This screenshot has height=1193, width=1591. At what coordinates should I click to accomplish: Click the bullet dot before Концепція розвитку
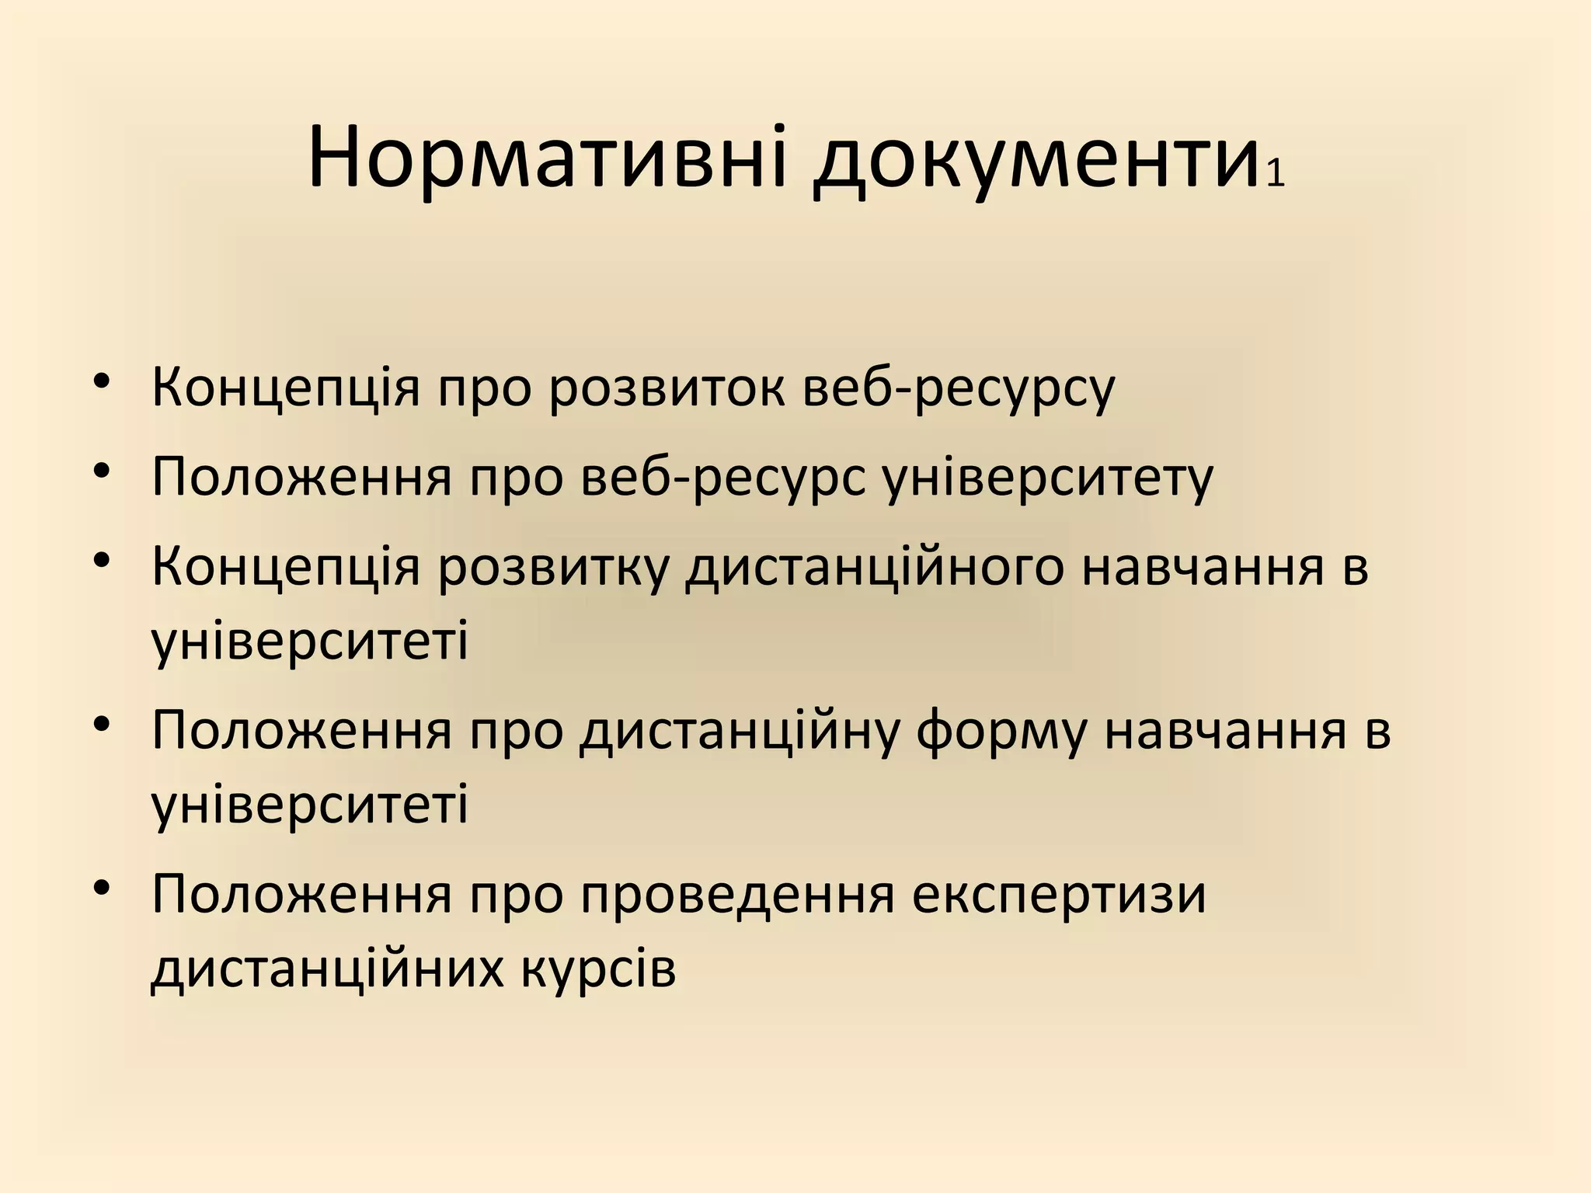[102, 559]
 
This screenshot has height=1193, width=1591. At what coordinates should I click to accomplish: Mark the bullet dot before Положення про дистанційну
[102, 723]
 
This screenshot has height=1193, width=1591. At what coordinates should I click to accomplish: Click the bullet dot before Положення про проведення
[102, 887]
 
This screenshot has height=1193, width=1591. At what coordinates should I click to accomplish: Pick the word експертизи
[1059, 895]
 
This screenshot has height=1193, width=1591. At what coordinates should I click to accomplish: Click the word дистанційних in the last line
[327, 968]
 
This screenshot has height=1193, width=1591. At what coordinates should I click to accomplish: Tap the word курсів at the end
[598, 968]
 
